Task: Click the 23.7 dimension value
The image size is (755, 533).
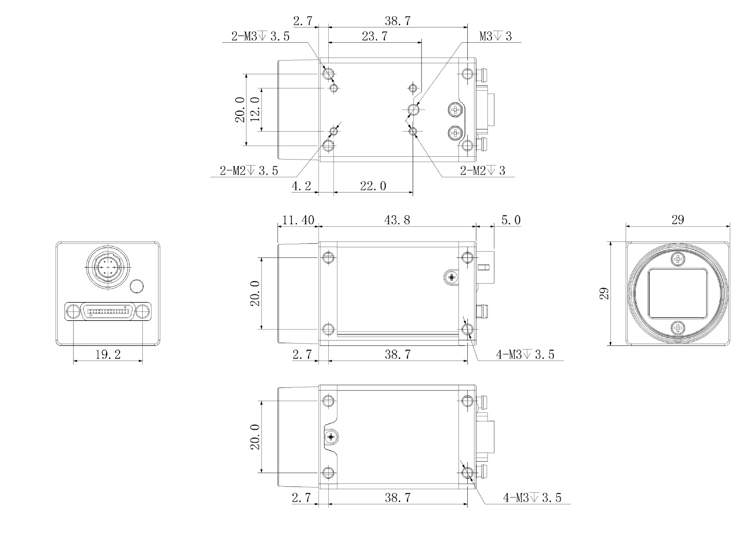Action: (374, 37)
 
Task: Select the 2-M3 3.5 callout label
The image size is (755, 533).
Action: (260, 37)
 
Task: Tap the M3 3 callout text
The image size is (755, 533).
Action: (495, 37)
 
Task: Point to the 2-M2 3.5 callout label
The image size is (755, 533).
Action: (249, 171)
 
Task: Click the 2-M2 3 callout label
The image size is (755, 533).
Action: (482, 171)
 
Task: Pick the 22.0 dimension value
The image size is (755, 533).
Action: (373, 186)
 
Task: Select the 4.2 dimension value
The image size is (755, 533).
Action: (302, 186)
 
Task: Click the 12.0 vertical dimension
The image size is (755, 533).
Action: (255, 109)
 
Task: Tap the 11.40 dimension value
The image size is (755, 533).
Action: (298, 220)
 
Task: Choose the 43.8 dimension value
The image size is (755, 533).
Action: (397, 220)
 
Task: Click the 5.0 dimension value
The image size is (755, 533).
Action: (511, 220)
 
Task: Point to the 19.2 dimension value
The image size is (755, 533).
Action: (108, 355)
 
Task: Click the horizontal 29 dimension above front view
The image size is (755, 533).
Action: (678, 220)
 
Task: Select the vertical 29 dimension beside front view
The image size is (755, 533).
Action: (604, 294)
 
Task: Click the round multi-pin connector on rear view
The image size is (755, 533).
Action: (107, 267)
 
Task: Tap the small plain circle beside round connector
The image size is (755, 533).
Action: (136, 286)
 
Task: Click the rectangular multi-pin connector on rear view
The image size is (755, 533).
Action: (108, 311)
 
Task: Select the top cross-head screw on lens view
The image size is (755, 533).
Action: (678, 259)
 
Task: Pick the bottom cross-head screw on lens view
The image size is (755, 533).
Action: (678, 328)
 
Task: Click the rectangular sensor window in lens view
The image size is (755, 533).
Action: (678, 293)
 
